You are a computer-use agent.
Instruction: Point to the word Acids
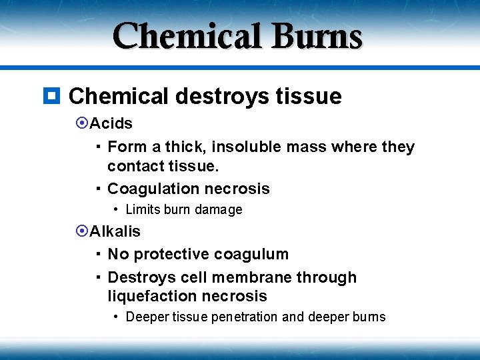click(111, 123)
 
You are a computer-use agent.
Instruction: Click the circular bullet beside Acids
click(83, 123)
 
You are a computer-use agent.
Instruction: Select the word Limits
click(143, 209)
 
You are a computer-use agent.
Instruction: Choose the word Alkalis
click(115, 231)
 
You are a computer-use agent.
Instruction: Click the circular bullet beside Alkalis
click(83, 231)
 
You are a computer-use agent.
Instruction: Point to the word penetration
click(245, 317)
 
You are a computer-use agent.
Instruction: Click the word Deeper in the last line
click(147, 317)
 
